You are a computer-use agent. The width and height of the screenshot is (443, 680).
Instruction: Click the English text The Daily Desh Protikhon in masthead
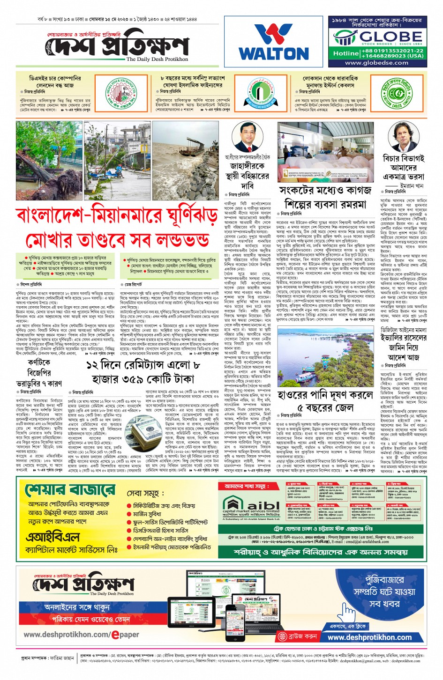[x=157, y=59]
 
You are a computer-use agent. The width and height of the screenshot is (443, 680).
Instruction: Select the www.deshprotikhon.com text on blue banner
[x=369, y=637]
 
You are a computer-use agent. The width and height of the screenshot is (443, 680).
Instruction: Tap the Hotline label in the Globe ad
[x=345, y=53]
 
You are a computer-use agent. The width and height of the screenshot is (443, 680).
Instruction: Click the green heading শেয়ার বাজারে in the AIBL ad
[x=69, y=489]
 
